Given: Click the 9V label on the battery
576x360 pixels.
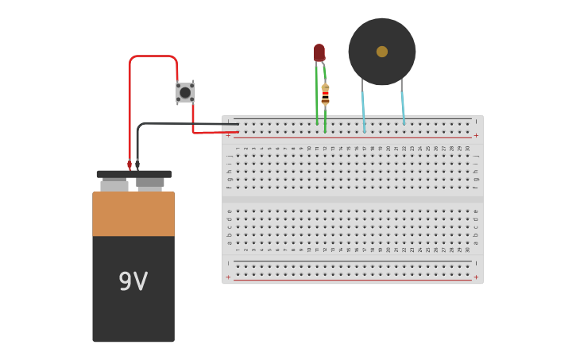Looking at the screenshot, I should pos(133,281).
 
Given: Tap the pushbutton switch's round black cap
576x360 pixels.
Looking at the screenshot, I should pos(185,92).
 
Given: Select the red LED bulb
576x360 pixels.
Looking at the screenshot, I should pos(319,52).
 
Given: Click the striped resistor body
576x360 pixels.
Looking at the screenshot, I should pos(325,95).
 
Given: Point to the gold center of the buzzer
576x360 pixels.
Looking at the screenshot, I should pos(382,52).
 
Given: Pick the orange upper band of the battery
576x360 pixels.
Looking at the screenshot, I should pos(133,214).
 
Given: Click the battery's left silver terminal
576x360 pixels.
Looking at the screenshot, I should pos(114,185).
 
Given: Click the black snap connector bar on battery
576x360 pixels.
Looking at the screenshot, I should pos(133,174).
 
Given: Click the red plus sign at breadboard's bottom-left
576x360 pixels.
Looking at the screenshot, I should pos(228,277).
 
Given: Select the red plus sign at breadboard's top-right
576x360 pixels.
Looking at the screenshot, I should pos(476,135).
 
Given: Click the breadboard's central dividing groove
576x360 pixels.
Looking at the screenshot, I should pos(352,199).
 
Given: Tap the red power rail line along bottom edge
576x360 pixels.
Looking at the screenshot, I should pos(352,280).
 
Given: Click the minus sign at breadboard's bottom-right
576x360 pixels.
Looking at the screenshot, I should pos(476,263).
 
